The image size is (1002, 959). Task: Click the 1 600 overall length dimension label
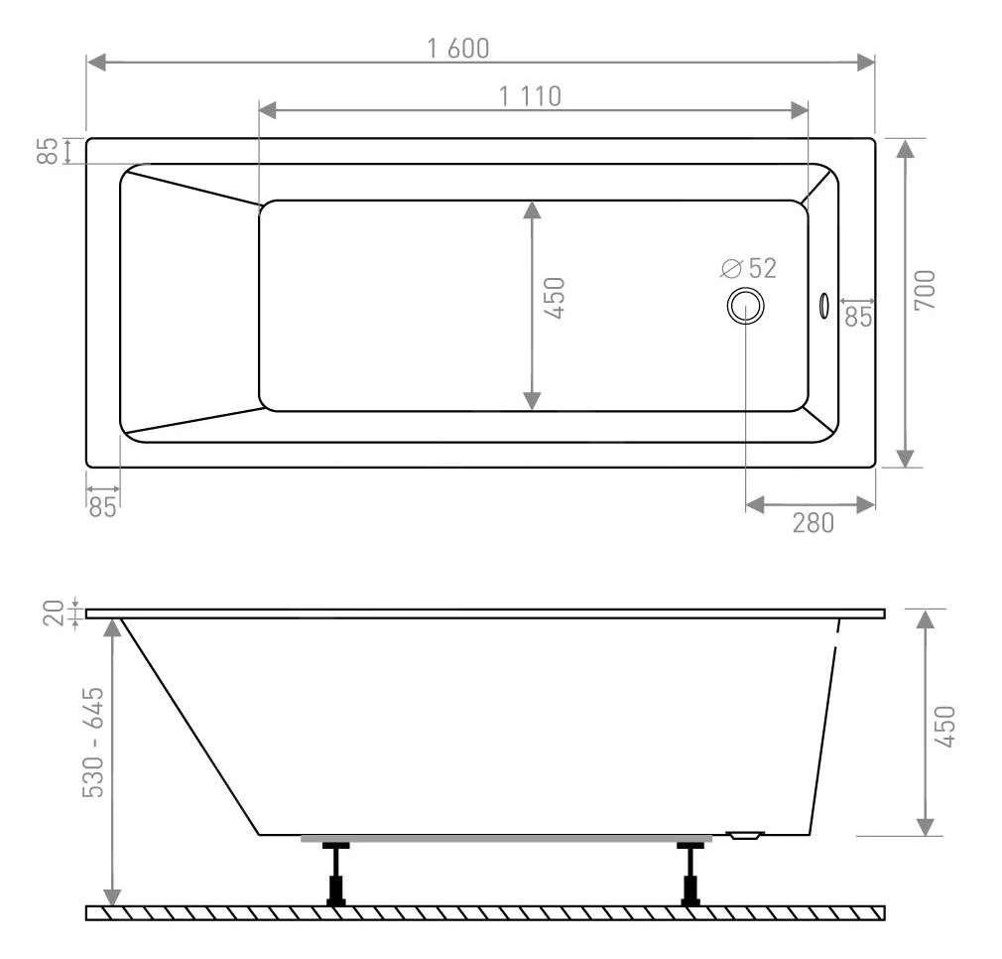coord(458,48)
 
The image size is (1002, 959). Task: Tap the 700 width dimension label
coord(925,291)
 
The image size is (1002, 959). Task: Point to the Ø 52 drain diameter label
coord(749,268)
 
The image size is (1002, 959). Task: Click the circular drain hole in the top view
coord(745,306)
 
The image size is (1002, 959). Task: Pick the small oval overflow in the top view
coord(822,306)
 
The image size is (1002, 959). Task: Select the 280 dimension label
coord(813,522)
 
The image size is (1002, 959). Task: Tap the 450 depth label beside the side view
coord(944,727)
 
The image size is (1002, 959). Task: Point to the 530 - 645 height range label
coord(92,743)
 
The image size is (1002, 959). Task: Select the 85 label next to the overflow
coord(858,317)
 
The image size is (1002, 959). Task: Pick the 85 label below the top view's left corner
coord(102,506)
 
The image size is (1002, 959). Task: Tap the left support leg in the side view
coord(336,874)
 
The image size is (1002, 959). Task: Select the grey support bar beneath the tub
coord(506,839)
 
